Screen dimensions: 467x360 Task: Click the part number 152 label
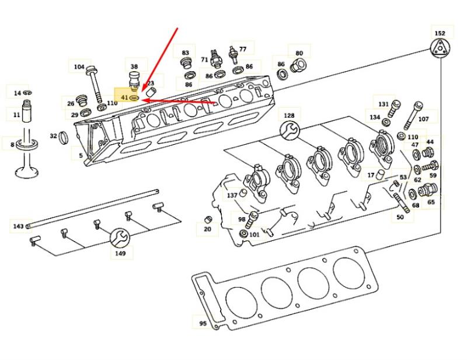(x=440, y=33)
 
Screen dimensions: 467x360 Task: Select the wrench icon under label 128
(x=290, y=130)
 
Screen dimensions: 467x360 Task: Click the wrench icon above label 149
(x=120, y=239)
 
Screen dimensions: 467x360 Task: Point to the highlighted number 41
(x=124, y=97)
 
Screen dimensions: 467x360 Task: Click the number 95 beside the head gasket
(x=203, y=323)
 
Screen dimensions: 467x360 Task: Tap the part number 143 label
(x=18, y=226)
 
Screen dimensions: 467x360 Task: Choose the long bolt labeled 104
(x=95, y=83)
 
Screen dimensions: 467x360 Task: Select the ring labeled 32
(x=64, y=137)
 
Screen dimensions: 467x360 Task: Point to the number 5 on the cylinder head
(x=81, y=155)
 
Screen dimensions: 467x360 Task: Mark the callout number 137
(x=232, y=195)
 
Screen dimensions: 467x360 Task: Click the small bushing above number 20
(x=208, y=220)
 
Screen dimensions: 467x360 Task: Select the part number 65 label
(x=431, y=202)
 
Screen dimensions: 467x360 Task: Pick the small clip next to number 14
(x=27, y=93)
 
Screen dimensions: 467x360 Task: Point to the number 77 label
(x=243, y=49)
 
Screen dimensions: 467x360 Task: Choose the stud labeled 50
(x=402, y=202)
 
